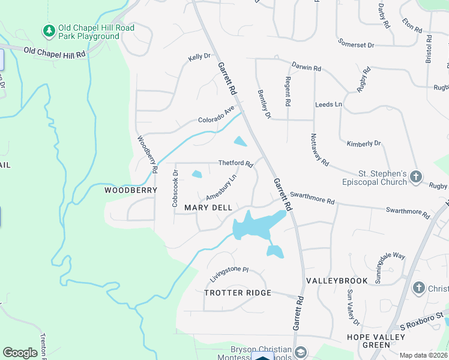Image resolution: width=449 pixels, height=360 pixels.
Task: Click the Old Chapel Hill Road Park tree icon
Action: [48, 30]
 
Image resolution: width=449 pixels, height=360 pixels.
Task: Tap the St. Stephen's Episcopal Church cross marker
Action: [416, 176]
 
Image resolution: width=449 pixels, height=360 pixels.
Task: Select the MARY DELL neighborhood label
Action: [208, 208]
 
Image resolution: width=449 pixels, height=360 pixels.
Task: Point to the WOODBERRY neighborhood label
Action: [131, 190]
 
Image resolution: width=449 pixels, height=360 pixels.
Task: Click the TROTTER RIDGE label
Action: [238, 293]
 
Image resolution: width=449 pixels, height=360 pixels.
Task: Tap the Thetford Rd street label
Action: [235, 163]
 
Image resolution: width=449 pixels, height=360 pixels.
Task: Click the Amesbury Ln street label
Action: [221, 188]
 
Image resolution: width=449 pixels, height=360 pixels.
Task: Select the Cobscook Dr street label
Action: [175, 189]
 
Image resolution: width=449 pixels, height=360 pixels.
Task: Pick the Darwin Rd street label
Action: [306, 67]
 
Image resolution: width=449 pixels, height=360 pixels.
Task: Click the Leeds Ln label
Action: [328, 104]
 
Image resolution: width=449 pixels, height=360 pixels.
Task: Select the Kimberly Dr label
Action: [364, 143]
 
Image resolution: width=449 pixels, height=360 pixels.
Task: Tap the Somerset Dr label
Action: [356, 44]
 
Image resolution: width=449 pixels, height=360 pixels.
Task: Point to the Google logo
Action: [20, 353]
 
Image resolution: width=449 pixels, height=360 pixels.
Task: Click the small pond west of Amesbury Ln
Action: [196, 175]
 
